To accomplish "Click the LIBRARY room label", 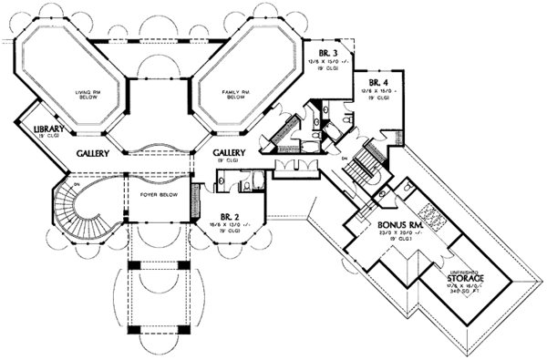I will coord(47,129).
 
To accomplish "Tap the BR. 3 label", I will coord(330,55).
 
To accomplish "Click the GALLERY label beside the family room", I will coord(229,153).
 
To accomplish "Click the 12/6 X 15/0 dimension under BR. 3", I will coord(330,64).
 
